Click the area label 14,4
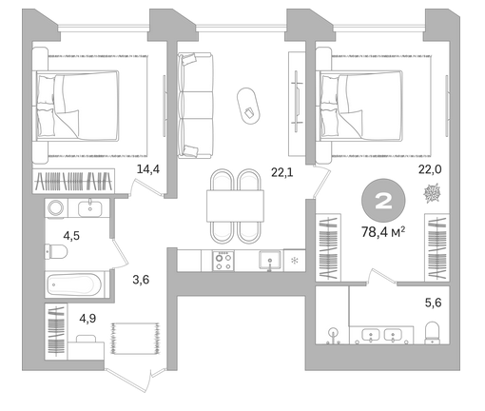[x=148, y=169]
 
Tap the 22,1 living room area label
[x=282, y=172]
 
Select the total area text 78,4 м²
[x=383, y=232]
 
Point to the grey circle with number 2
[x=383, y=201]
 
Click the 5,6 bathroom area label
[x=433, y=303]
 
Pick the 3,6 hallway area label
[x=141, y=280]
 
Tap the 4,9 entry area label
[x=87, y=318]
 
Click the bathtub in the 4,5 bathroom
[x=74, y=284]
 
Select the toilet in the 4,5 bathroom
[x=56, y=251]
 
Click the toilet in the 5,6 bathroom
[x=433, y=333]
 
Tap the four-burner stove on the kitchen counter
[x=223, y=261]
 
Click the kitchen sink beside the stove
[x=270, y=260]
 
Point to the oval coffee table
[x=248, y=106]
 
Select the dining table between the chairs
[x=235, y=205]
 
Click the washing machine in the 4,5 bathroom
[x=56, y=208]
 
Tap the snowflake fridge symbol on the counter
[x=295, y=261]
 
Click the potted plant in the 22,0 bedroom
[x=433, y=193]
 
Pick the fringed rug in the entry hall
[x=135, y=339]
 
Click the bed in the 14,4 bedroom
[x=78, y=106]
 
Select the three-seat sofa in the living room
[x=195, y=106]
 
